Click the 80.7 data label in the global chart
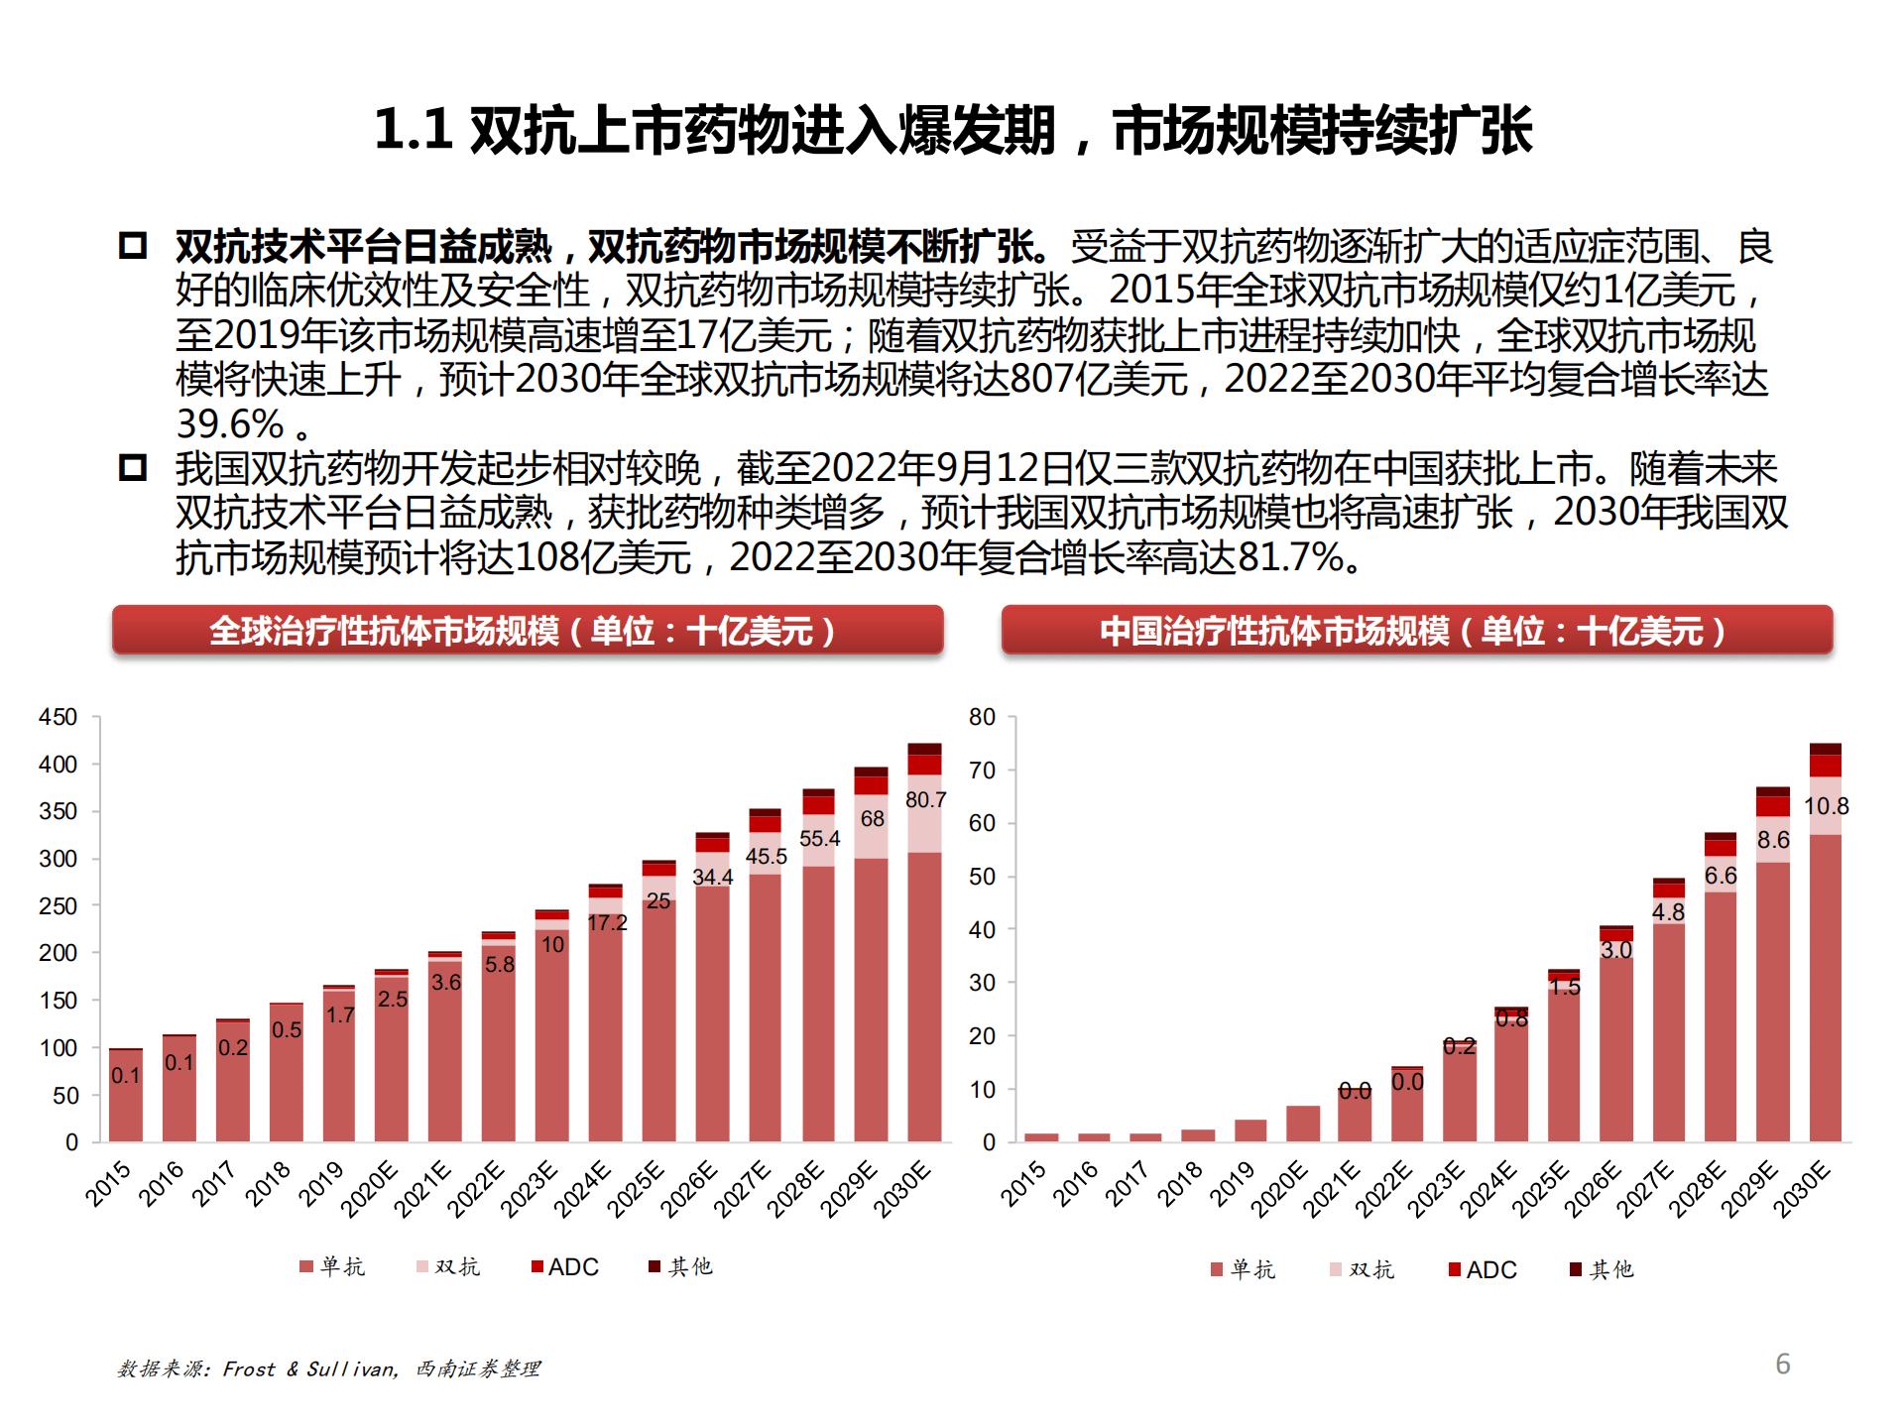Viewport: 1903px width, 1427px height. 924,799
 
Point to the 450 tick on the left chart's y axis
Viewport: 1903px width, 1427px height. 58,717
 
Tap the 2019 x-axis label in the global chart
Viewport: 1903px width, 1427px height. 320,1184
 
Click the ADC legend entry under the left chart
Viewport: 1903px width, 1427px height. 565,1266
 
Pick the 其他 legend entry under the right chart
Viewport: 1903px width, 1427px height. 1602,1269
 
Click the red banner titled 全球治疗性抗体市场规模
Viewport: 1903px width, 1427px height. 527,631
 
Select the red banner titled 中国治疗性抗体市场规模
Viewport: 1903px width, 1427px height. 1416,631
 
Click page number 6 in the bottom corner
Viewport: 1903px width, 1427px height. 1782,1364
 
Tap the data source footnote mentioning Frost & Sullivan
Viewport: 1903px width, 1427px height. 328,1368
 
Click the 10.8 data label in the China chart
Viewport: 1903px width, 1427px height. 1826,805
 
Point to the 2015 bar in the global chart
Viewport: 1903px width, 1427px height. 126,1096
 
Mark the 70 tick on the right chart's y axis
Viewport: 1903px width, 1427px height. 982,771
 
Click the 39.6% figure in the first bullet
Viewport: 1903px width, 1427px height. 230,424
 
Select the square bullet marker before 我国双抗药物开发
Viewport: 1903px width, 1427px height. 133,467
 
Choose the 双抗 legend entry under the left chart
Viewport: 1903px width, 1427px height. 448,1266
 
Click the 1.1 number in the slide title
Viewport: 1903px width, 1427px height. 413,130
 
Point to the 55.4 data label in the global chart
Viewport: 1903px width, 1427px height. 819,838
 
